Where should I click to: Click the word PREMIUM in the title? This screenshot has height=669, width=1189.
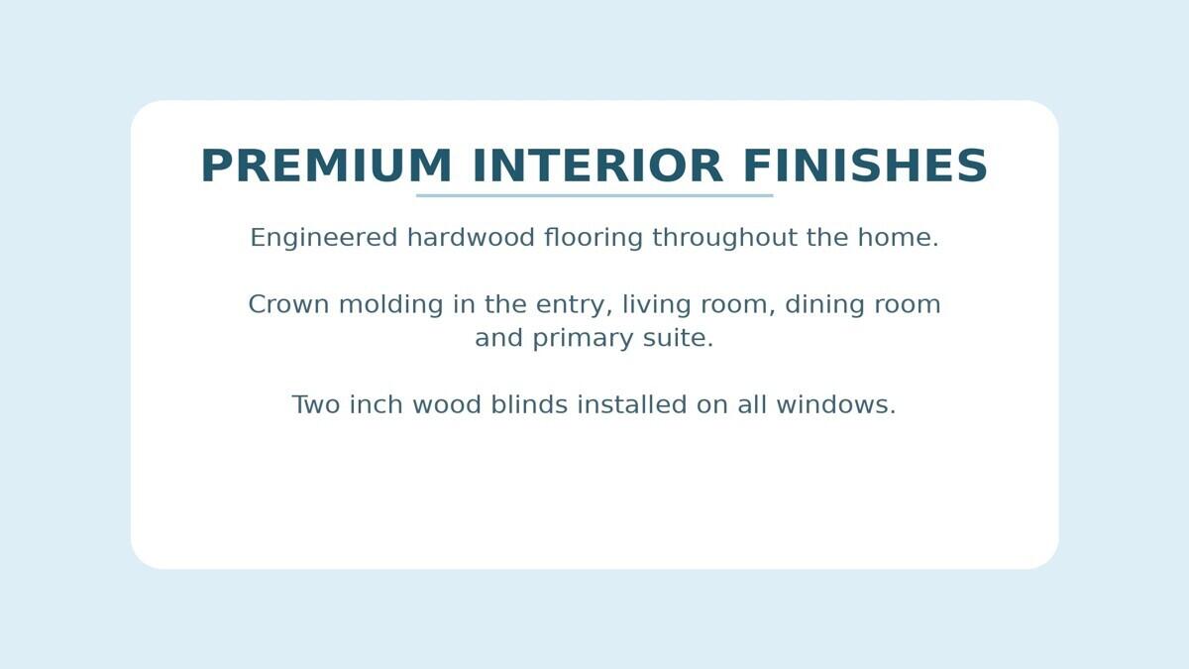point(326,166)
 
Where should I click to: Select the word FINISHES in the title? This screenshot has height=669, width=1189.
point(865,166)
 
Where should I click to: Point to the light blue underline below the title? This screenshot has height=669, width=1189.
point(594,195)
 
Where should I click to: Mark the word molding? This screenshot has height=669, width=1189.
point(391,305)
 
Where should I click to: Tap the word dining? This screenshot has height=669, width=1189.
point(823,305)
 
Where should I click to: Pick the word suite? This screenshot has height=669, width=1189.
point(678,338)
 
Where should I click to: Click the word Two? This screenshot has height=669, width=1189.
point(315,404)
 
